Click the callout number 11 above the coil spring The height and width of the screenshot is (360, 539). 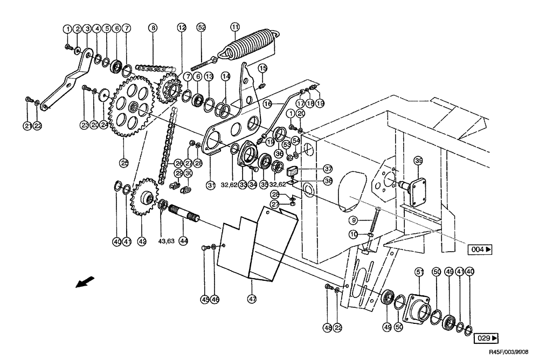click(234, 27)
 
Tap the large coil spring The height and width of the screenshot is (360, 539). click(251, 44)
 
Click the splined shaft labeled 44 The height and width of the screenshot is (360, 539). click(185, 218)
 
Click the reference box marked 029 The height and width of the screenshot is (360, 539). click(486, 338)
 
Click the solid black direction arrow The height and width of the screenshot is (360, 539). click(85, 282)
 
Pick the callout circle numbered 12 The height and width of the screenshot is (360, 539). click(181, 27)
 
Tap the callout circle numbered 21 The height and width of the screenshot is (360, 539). click(27, 126)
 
